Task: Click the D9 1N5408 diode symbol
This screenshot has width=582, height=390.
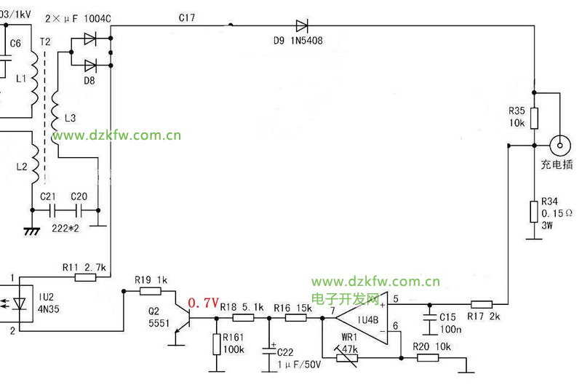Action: click(x=299, y=26)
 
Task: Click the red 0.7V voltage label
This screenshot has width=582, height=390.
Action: click(x=203, y=303)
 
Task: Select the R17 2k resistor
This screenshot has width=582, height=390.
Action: click(x=482, y=304)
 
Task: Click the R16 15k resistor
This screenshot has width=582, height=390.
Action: click(x=296, y=317)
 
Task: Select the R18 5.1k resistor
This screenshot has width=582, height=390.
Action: click(x=242, y=317)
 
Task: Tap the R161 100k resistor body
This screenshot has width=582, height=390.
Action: click(x=216, y=344)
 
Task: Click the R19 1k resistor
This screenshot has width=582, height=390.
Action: click(x=151, y=290)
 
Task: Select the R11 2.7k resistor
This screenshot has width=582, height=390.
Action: click(x=86, y=277)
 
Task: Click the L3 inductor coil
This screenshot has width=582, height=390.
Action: click(x=56, y=119)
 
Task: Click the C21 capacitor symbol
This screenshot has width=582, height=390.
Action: click(x=51, y=212)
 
